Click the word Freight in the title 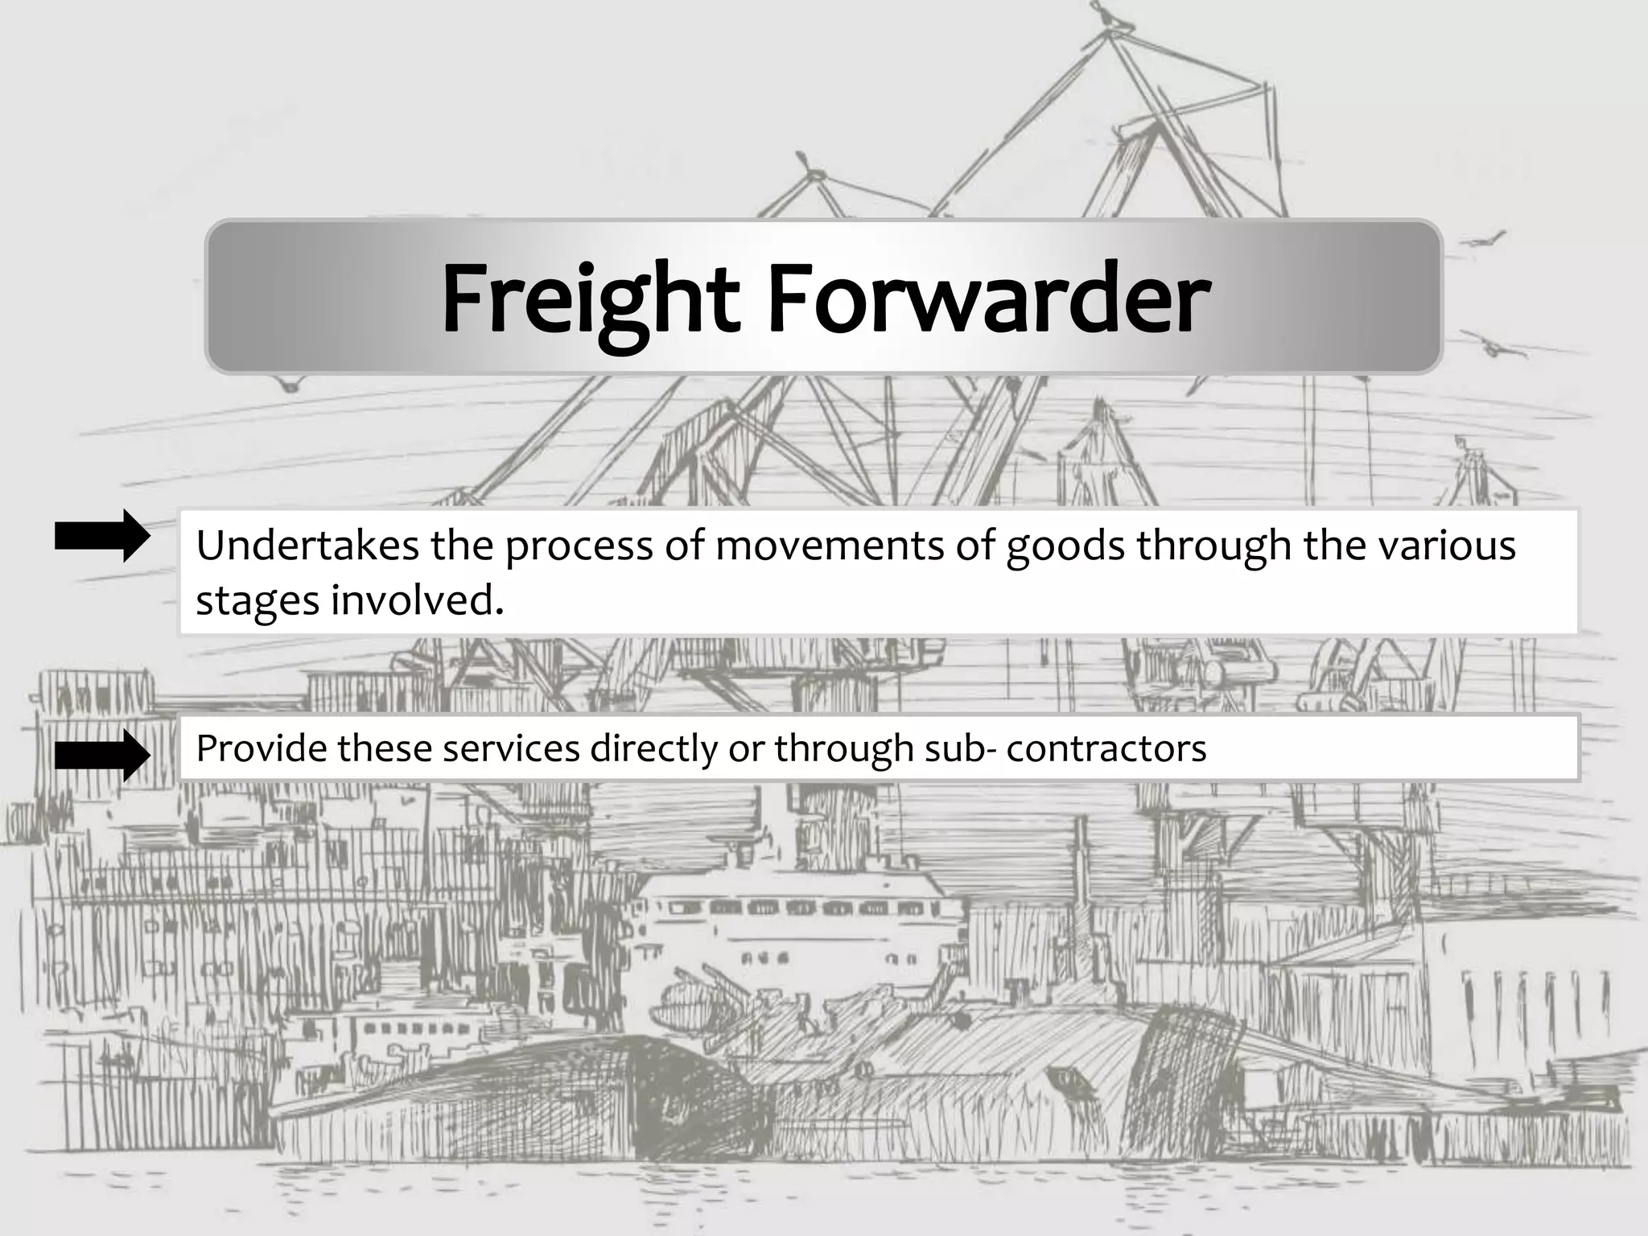[590, 299]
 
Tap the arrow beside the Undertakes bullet [102, 536]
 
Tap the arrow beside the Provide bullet [102, 756]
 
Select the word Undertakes [307, 546]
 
